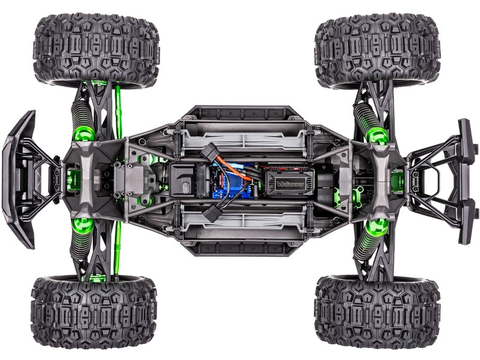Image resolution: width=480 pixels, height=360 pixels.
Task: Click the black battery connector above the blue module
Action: tap(212, 153)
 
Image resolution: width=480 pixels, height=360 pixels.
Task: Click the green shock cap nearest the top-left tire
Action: tap(83, 133)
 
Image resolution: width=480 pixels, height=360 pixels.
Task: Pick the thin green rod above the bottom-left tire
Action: tap(118, 246)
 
